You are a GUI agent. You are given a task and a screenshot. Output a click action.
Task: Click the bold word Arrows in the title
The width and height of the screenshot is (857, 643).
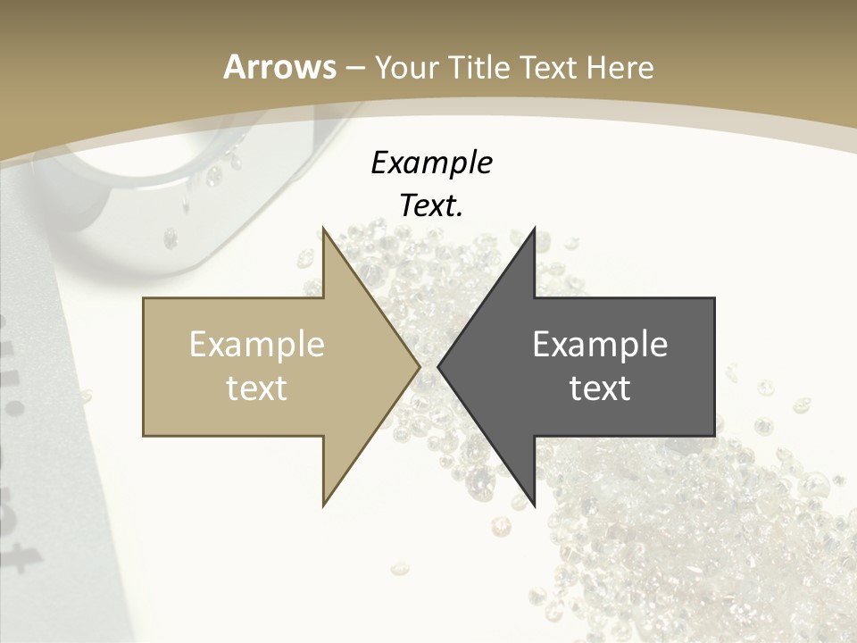point(279,67)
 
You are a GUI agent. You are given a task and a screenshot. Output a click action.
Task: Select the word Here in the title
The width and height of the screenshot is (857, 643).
point(619,67)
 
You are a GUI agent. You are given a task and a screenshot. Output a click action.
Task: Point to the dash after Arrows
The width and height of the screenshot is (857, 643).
point(354,68)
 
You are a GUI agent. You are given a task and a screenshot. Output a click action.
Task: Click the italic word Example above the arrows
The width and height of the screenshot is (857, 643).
point(431,163)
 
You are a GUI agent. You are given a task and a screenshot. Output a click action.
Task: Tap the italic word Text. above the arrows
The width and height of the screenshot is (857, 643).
point(431,205)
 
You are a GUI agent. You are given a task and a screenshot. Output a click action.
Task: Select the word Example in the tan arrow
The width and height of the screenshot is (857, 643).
point(257,344)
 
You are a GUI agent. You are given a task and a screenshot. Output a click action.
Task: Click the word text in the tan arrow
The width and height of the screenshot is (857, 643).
point(257,388)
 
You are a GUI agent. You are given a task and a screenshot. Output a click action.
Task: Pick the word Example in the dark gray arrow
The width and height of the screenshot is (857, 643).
point(600,344)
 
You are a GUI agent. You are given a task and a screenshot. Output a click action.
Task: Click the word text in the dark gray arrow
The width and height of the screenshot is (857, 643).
point(600,388)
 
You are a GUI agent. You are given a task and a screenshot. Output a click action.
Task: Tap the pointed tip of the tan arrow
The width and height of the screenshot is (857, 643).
point(419,366)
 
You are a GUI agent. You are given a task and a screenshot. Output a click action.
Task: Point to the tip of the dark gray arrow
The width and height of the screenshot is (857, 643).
point(439,366)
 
